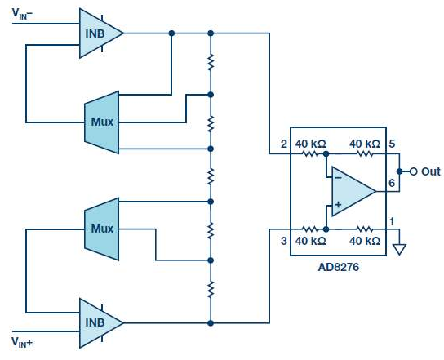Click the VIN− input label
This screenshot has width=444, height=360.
click(22, 14)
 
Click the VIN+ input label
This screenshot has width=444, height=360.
click(22, 342)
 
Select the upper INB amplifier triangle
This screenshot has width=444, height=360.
click(101, 33)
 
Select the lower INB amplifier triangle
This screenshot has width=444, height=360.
click(101, 323)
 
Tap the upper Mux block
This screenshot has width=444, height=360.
click(102, 122)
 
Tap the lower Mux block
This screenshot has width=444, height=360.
click(102, 229)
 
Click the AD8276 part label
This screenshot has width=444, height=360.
click(339, 267)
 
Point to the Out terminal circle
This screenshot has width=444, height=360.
click(414, 171)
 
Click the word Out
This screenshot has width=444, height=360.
click(431, 171)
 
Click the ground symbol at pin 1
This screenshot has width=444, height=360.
click(399, 249)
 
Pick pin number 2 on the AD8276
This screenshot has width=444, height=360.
click(284, 144)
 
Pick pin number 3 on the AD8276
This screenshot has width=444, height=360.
click(284, 241)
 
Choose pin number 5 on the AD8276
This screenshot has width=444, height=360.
click(392, 144)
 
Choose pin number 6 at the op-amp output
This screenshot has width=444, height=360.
click(392, 183)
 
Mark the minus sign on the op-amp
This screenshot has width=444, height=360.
click(338, 178)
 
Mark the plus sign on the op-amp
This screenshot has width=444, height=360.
click(338, 204)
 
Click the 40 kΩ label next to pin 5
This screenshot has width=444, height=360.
click(365, 144)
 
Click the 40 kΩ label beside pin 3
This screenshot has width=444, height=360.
click(311, 241)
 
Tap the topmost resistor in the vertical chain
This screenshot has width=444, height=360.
click(211, 63)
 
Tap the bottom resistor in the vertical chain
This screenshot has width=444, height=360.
click(211, 290)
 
